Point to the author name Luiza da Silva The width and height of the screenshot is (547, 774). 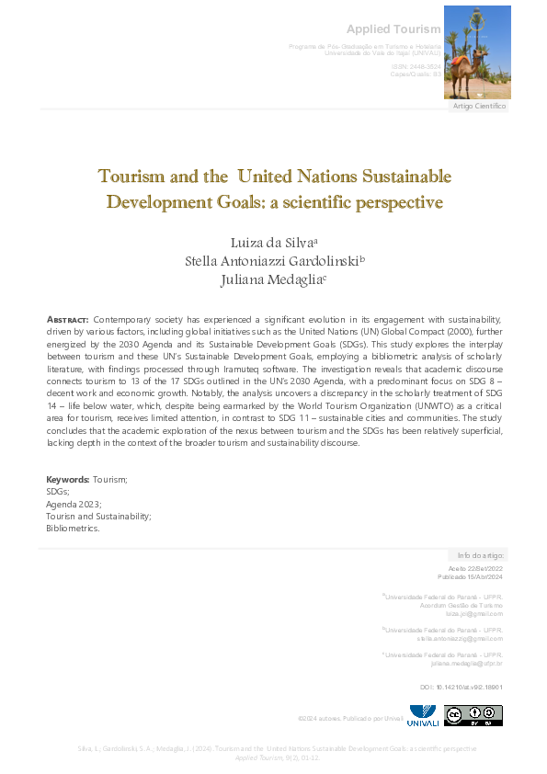coord(273,242)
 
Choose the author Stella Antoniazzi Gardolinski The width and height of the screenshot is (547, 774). coord(273,260)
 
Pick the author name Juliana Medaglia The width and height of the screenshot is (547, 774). coord(273,279)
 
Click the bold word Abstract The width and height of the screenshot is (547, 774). coord(67,319)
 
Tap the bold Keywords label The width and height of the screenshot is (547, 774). coord(68,480)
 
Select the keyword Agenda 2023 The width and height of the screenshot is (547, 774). coord(74,505)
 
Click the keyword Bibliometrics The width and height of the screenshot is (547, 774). coord(73,529)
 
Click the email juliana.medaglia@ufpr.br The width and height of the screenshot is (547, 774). coord(466,663)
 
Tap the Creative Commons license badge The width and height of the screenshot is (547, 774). coord(473,715)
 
